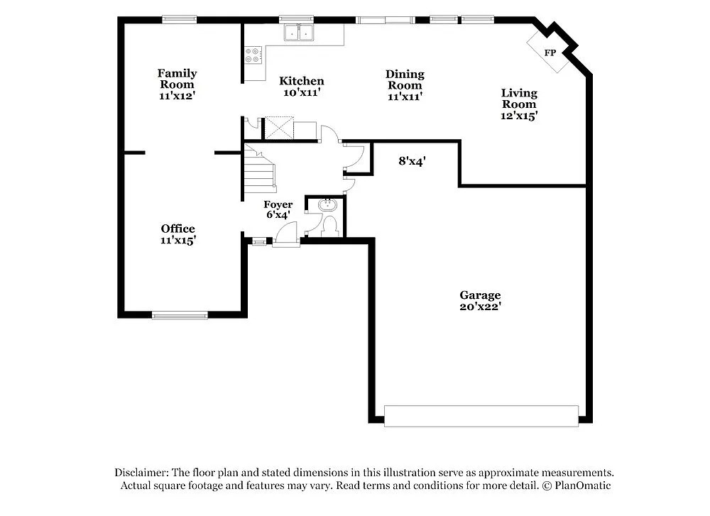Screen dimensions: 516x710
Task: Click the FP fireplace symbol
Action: [x=549, y=53]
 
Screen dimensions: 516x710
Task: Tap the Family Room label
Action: [x=177, y=79]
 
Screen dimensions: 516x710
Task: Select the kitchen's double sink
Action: [x=299, y=33]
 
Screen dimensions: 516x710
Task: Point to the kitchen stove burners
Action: [x=253, y=55]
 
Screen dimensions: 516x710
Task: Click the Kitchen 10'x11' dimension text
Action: [x=301, y=92]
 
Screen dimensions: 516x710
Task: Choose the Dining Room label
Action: [x=405, y=79]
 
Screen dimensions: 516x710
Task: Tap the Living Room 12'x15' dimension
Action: [x=519, y=116]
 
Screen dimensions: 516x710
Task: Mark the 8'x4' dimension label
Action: [x=412, y=161]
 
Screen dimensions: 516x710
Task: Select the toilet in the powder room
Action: [x=329, y=226]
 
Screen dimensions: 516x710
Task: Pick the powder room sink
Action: [x=327, y=205]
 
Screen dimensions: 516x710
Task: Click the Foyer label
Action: [x=278, y=204]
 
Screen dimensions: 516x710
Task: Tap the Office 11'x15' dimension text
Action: [x=177, y=241]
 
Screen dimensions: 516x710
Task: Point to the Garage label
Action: [x=480, y=295]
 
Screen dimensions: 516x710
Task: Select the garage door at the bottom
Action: [x=481, y=416]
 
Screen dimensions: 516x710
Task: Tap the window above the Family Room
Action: [x=179, y=20]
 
